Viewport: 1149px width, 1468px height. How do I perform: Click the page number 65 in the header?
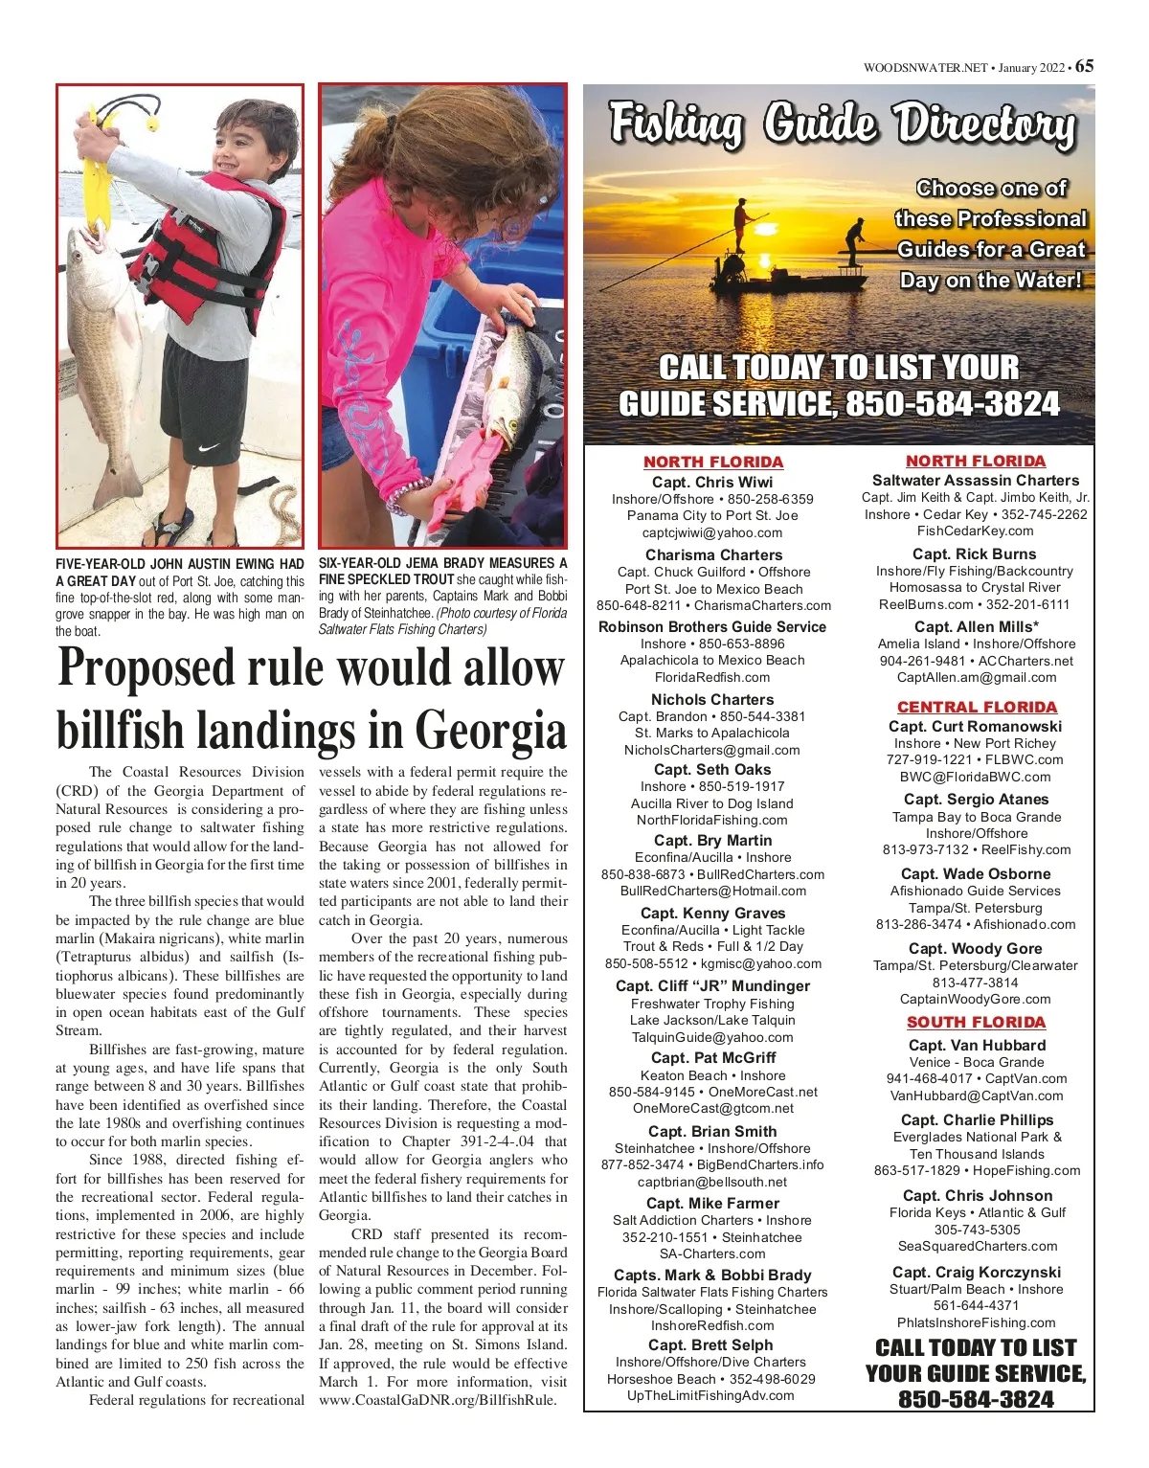click(x=1084, y=66)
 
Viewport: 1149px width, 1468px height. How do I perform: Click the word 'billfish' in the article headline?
click(x=123, y=731)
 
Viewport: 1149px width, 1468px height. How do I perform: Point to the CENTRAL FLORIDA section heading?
click(x=977, y=707)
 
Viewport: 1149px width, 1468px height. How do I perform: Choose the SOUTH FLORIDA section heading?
click(x=976, y=1022)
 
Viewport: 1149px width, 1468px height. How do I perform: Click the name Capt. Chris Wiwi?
click(x=712, y=482)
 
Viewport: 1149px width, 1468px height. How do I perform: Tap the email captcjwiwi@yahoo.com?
click(x=712, y=532)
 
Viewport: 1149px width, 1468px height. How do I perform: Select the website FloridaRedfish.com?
click(x=712, y=677)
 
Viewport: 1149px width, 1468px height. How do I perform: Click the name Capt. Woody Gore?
click(x=976, y=948)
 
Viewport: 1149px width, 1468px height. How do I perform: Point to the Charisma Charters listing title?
click(x=713, y=554)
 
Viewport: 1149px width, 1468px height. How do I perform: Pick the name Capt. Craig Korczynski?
click(x=977, y=1272)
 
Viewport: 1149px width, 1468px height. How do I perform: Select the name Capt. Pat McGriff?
click(x=713, y=1057)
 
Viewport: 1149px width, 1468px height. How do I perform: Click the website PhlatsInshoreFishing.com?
click(x=977, y=1322)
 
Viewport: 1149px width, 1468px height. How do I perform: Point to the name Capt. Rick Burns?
click(x=975, y=553)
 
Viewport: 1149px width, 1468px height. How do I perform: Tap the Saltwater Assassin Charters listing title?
click(x=976, y=480)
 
